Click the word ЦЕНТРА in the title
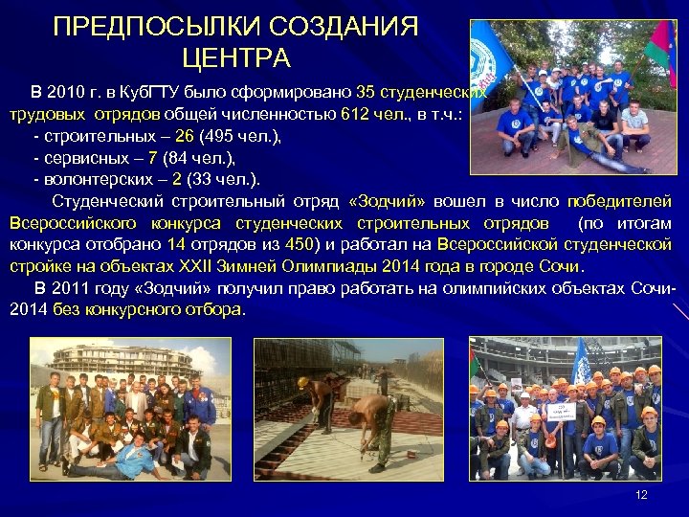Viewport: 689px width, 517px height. click(x=241, y=59)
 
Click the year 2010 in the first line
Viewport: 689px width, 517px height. click(x=65, y=93)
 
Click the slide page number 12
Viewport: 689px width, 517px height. click(x=642, y=494)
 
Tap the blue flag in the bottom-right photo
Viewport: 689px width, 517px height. click(x=580, y=358)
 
